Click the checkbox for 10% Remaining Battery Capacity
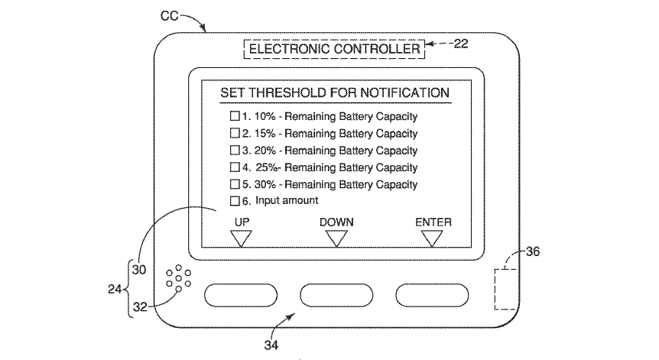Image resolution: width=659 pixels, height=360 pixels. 235,117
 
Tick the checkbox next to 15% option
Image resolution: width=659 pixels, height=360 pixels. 235,134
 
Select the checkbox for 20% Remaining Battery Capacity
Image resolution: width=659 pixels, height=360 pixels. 235,151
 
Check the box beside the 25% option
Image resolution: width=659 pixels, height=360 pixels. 235,167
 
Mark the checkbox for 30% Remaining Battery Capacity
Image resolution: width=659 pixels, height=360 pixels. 235,184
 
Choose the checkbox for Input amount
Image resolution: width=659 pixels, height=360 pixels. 235,201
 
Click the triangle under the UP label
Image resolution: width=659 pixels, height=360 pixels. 242,238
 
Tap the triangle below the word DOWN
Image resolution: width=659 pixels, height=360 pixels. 336,238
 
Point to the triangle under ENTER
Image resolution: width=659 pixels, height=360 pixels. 433,238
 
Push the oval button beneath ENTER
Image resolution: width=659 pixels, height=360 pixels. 432,294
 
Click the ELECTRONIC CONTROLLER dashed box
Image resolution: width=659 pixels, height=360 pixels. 335,50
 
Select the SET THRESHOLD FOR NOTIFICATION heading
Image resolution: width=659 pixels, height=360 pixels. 335,93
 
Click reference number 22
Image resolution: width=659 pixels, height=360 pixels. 461,44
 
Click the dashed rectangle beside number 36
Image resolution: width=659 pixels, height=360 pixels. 505,288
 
